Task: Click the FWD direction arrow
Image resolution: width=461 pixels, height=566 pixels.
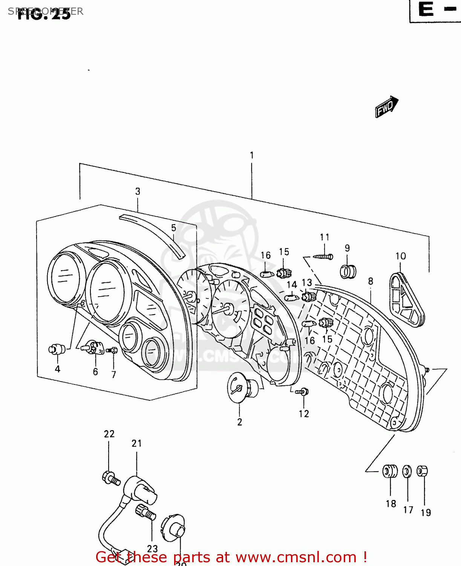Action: click(x=386, y=107)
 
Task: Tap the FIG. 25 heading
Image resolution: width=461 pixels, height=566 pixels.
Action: click(x=44, y=14)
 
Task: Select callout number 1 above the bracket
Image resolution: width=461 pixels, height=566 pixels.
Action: click(x=251, y=155)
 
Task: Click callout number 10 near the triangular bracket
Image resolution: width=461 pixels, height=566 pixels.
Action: click(x=400, y=256)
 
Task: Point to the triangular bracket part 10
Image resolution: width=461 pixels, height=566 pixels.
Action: click(x=405, y=300)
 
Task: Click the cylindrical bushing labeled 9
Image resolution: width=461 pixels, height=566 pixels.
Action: click(x=348, y=271)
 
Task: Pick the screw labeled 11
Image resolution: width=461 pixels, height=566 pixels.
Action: click(x=323, y=257)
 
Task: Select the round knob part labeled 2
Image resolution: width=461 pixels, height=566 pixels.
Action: click(x=243, y=386)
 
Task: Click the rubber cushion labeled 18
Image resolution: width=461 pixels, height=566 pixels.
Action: click(x=390, y=471)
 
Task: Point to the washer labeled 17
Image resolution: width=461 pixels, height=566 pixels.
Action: click(x=407, y=471)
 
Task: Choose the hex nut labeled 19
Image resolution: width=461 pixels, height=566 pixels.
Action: click(x=422, y=471)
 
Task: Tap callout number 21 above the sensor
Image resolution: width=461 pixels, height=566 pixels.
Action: click(x=136, y=443)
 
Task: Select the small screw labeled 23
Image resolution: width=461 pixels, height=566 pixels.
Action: click(x=145, y=512)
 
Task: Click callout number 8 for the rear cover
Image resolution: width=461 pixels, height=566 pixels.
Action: click(x=371, y=281)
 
